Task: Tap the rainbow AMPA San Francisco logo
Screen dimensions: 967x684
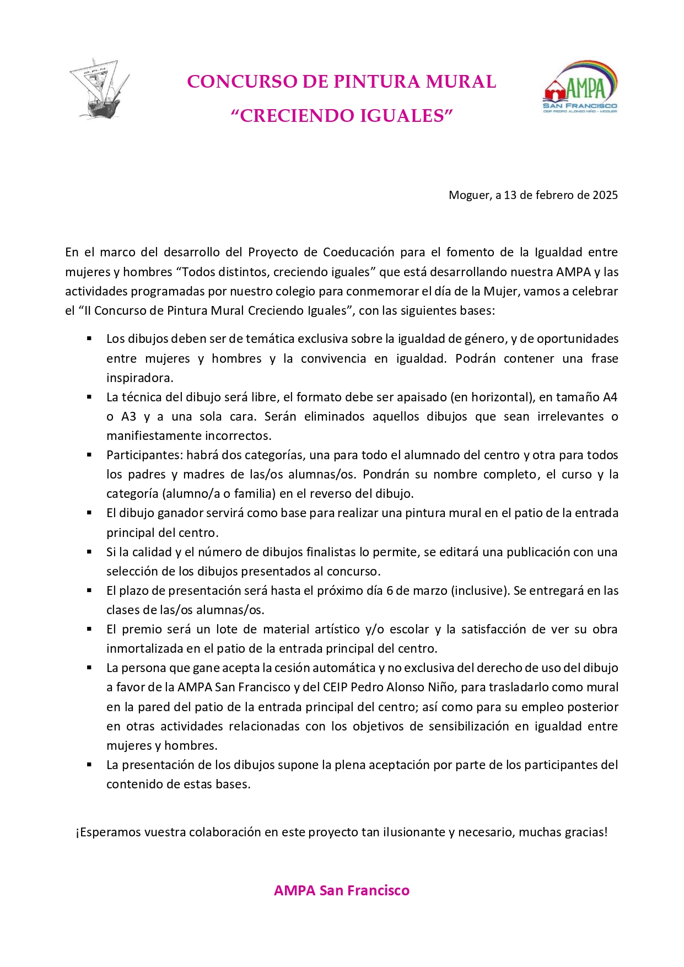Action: tap(580, 87)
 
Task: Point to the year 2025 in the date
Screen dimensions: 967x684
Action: tap(605, 195)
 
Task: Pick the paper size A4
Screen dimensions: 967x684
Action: tap(610, 397)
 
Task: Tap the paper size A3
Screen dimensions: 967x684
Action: tap(128, 416)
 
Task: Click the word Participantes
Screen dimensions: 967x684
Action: tap(143, 455)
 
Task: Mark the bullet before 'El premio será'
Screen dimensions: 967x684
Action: tap(89, 628)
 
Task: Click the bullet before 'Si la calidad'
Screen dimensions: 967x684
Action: tap(89, 551)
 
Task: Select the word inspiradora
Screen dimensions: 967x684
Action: tap(140, 378)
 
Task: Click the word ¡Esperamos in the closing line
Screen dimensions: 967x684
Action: tap(108, 832)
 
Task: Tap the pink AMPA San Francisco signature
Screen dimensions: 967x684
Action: tap(342, 890)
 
